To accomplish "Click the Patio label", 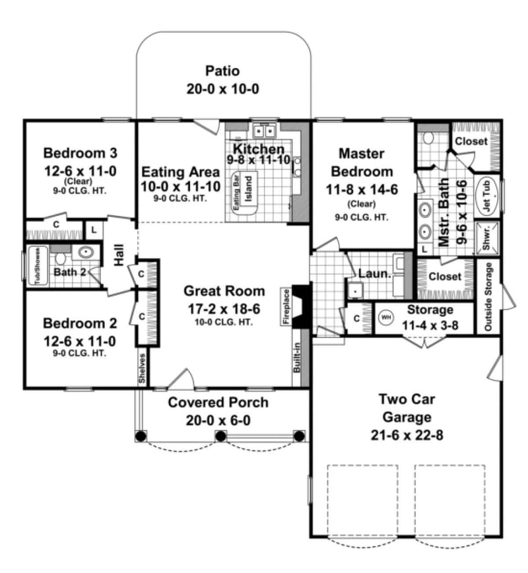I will (222, 71).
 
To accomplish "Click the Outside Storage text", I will (488, 297).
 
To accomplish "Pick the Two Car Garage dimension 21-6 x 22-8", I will (405, 434).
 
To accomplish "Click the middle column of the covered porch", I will (220, 436).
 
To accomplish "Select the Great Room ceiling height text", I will (224, 321).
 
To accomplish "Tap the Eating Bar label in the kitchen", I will (236, 192).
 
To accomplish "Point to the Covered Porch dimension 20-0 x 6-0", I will (218, 419).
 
